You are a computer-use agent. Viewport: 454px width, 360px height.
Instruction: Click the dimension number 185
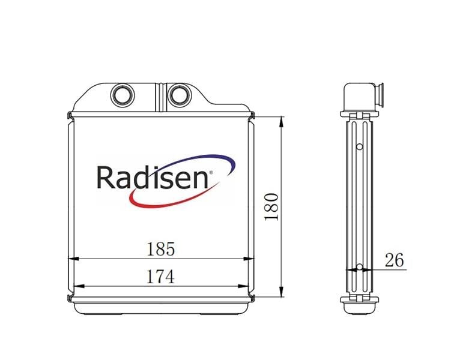[161, 249]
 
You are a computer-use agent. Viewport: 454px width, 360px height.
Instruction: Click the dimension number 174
[161, 277]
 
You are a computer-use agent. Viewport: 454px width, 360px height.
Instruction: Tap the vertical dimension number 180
[271, 206]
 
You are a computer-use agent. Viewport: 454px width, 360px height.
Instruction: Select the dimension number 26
[394, 260]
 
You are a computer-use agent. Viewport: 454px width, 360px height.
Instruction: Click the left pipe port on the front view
[123, 95]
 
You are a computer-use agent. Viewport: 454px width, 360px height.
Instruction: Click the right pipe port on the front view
[180, 95]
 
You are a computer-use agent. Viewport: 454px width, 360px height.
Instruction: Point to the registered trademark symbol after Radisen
[211, 172]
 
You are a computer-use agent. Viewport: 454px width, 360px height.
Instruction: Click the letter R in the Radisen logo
[106, 177]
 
